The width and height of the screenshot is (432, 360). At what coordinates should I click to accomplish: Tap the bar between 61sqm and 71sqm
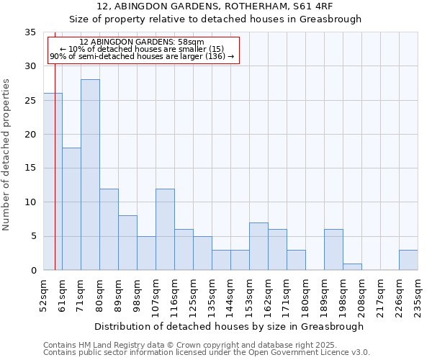pos(71,209)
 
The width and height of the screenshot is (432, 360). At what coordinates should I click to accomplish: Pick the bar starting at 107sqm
pos(165,230)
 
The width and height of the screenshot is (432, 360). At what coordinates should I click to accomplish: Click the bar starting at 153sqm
pos(258,246)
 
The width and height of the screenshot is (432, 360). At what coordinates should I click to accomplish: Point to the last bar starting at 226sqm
pos(408,260)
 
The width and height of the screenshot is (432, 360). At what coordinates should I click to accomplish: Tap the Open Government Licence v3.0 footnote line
pos(207,353)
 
